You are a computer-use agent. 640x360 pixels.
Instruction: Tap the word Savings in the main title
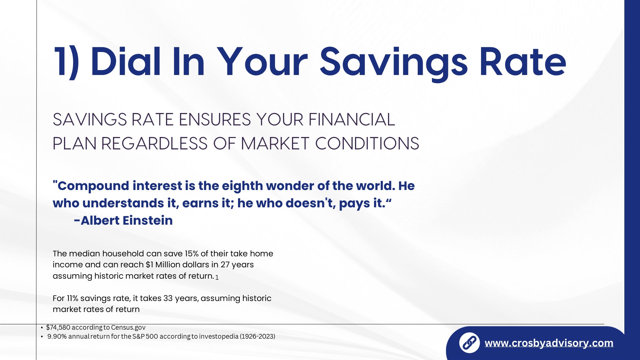point(394,63)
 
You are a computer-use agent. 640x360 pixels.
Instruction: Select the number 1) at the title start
point(67,63)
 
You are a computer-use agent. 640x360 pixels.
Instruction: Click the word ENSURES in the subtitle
point(215,119)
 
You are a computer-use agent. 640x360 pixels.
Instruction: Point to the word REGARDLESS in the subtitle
point(154,143)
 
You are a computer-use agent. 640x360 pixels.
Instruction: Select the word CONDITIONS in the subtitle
point(367,143)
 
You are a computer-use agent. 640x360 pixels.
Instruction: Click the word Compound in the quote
point(93,186)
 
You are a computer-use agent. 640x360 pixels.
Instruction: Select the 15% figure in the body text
point(191,254)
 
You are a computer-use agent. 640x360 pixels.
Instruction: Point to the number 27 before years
point(225,265)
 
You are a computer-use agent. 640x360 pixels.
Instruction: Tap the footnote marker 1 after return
point(217,277)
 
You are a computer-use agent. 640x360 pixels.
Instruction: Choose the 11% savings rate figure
point(72,298)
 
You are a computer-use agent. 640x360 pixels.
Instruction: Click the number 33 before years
point(168,298)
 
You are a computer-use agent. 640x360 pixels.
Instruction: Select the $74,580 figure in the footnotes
point(58,327)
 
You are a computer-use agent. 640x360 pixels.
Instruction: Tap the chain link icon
point(469,343)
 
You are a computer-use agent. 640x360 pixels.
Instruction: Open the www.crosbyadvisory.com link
point(549,343)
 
